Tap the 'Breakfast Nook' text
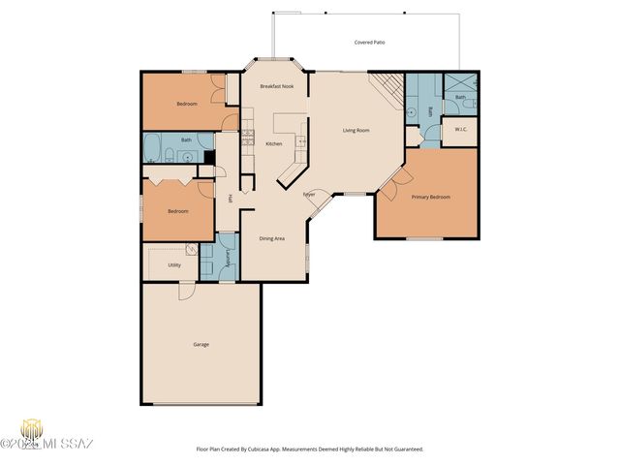tap(276, 86)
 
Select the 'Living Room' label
tap(356, 130)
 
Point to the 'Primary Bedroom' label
tap(430, 197)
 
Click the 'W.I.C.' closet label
tap(460, 130)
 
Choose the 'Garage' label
tap(201, 344)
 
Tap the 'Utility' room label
tap(174, 264)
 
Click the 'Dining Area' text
tap(271, 238)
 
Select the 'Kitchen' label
tap(273, 144)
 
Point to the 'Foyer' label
tap(309, 195)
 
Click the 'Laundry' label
tap(227, 257)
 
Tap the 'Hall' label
tap(230, 199)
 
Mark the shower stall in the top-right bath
tap(461, 82)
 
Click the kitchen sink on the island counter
tap(299, 142)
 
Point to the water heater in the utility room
tap(192, 250)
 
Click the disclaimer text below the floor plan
tap(310, 449)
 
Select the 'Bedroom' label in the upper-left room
tap(187, 104)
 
